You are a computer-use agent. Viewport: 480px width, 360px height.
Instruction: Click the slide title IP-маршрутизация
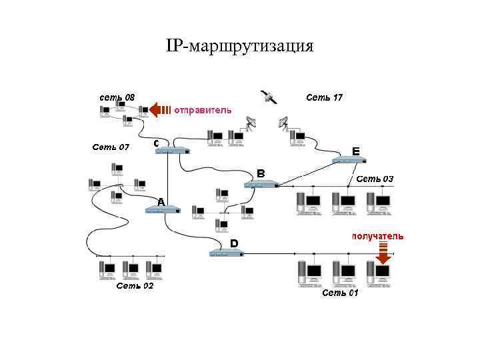(x=239, y=46)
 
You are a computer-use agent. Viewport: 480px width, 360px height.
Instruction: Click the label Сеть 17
(x=324, y=98)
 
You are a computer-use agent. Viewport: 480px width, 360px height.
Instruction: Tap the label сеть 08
(x=117, y=98)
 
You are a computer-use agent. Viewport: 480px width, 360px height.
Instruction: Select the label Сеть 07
(x=111, y=147)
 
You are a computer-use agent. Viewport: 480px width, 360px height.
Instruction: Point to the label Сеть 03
(x=375, y=179)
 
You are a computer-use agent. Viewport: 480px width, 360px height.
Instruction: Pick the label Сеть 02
(x=135, y=286)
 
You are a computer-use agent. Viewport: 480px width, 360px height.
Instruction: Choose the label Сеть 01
(x=340, y=293)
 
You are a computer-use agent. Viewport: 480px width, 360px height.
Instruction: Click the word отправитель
(x=203, y=110)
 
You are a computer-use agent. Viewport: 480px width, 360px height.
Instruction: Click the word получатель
(x=377, y=236)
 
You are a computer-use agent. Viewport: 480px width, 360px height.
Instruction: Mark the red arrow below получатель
(x=383, y=253)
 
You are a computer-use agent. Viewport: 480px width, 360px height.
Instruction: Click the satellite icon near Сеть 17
(x=268, y=97)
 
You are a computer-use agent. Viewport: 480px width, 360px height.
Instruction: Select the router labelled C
(x=173, y=151)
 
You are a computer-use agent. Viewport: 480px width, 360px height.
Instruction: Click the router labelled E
(x=350, y=161)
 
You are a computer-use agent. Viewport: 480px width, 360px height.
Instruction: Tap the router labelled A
(x=163, y=210)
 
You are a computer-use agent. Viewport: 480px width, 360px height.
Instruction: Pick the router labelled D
(x=227, y=253)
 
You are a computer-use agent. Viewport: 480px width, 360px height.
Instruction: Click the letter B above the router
(x=261, y=173)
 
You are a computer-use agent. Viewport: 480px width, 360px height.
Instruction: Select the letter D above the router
(x=234, y=243)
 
